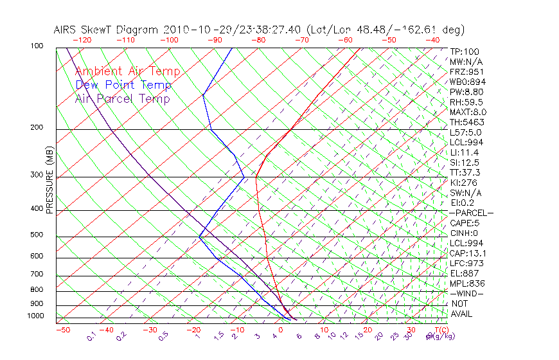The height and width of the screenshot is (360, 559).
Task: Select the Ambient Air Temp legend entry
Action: pos(128,72)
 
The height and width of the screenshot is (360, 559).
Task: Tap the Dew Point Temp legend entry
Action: pos(123,85)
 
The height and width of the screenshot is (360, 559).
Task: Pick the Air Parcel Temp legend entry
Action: pos(123,99)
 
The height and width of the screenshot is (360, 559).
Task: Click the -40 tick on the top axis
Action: pos(432,40)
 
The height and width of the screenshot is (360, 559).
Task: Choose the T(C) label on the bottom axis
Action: pos(439,330)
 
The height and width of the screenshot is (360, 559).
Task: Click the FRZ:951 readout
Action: pos(466,72)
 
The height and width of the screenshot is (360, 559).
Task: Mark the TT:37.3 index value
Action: pos(465,173)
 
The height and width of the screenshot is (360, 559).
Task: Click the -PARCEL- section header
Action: pos(471,213)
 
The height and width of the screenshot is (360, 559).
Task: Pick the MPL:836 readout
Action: pos(466,283)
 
